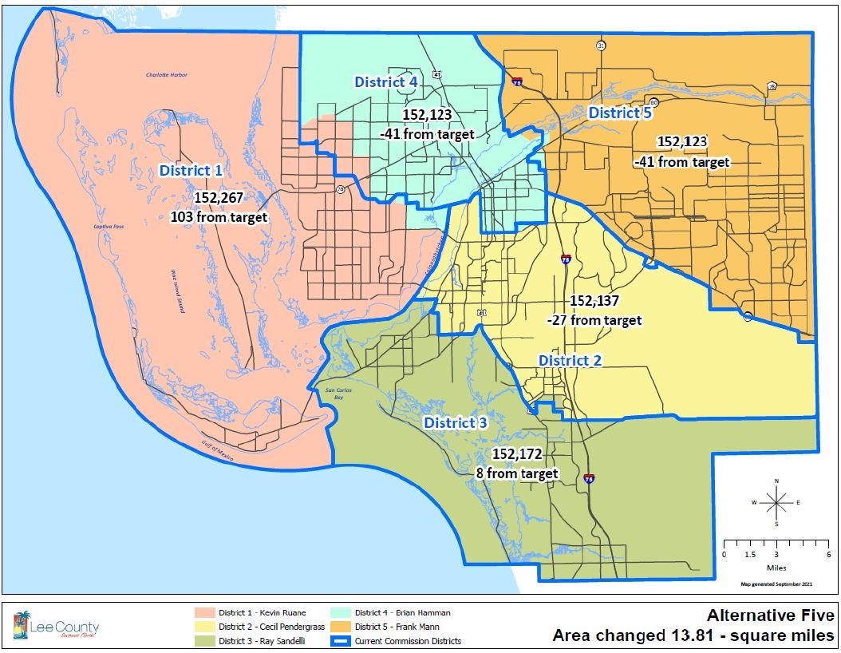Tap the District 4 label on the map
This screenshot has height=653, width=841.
386,81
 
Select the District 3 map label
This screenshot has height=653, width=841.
455,422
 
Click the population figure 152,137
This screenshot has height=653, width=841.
594,303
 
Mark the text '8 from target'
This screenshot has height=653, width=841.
517,473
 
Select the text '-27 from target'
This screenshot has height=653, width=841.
594,320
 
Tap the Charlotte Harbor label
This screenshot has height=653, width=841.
166,75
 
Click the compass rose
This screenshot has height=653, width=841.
776,502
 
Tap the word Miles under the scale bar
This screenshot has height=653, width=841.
776,568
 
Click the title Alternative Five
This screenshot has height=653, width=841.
770,615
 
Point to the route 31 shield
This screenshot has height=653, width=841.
600,46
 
